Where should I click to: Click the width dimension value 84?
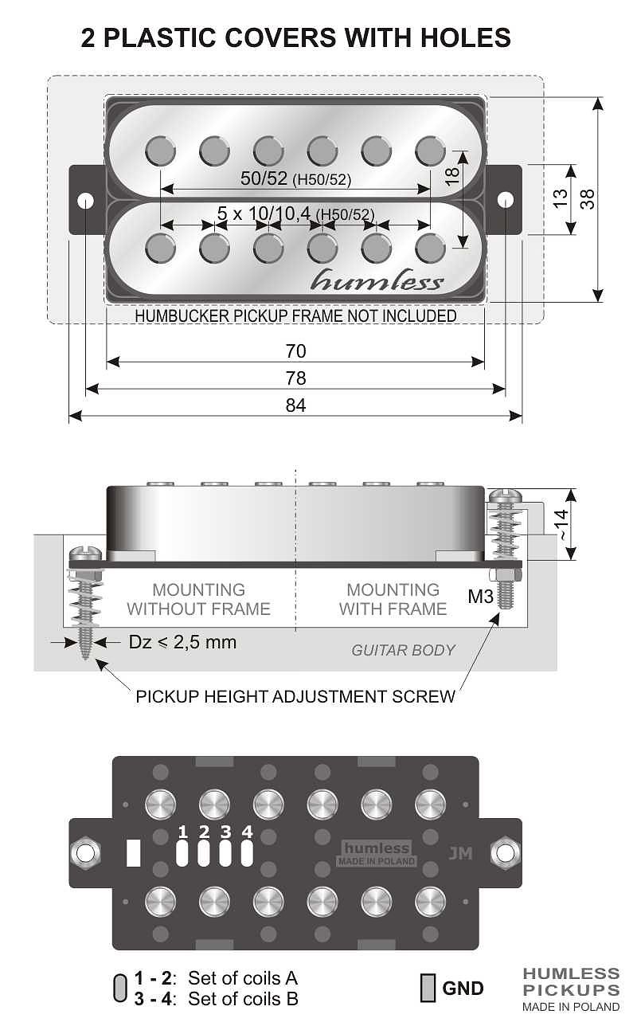295,405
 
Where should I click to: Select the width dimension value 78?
295,378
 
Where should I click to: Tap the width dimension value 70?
295,351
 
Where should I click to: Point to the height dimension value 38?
588,198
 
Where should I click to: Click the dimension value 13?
561,198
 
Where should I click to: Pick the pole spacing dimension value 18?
452,176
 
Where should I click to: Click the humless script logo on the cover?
377,280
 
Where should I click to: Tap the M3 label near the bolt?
481,596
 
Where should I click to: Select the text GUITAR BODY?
403,650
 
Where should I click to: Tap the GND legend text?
463,989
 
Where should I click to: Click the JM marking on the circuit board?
460,853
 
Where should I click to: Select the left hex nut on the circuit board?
84,852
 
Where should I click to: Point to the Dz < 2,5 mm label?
182,642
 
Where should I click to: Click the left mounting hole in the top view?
85,199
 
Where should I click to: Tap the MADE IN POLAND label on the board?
377,862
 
